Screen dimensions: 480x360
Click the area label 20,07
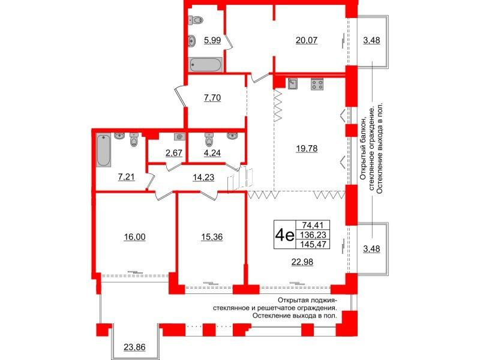307,40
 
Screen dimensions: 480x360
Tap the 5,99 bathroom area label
212,40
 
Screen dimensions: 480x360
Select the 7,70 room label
212,98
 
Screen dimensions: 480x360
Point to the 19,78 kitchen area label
307,148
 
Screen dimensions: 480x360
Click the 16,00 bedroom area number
134,237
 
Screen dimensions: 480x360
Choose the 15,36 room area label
212,237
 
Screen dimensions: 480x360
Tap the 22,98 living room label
302,262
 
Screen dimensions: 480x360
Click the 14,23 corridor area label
203,177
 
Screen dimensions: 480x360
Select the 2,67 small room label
173,153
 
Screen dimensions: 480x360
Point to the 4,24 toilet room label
212,153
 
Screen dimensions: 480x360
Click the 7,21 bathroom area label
127,177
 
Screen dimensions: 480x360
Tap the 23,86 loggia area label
134,347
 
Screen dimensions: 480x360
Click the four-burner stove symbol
317,84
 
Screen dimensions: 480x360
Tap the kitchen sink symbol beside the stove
292,83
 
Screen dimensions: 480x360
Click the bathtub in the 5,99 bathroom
205,65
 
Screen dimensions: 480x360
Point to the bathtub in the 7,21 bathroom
103,150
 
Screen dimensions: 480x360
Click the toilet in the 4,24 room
209,140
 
